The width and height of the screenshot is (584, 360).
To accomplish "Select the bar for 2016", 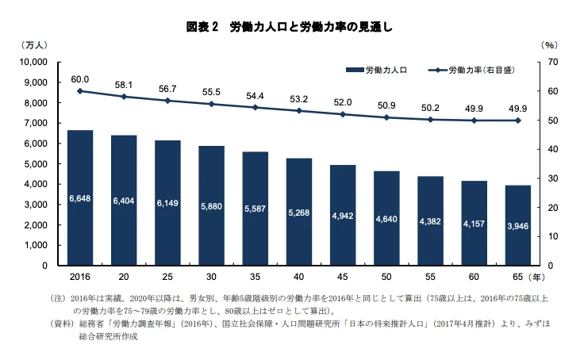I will (80, 197).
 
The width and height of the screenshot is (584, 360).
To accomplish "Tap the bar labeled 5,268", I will (298, 212).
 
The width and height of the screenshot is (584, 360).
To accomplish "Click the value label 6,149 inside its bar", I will (167, 204).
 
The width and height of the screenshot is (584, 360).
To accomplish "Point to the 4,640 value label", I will (386, 218).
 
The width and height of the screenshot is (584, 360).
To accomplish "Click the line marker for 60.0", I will (80, 91).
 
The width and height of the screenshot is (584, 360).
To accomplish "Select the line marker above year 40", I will (298, 111).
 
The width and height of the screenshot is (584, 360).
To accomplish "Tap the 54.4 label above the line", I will (255, 96).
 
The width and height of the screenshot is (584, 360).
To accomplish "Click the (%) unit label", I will (551, 45).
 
